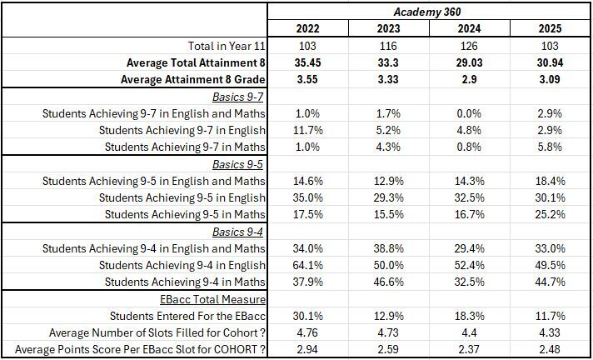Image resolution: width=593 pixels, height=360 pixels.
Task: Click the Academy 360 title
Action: (x=427, y=12)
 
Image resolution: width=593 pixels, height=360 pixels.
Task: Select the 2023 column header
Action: (x=388, y=29)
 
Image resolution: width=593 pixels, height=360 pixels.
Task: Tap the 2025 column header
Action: (x=550, y=29)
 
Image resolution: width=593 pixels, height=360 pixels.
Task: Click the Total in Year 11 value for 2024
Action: (x=469, y=46)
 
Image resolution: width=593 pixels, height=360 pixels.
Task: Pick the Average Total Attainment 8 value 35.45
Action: (x=307, y=62)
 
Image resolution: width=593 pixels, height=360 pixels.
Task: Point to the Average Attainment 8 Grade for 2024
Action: (x=469, y=79)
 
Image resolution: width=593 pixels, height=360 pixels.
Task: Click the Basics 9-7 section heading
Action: (x=237, y=97)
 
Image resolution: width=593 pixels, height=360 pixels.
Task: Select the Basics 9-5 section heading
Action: (x=237, y=164)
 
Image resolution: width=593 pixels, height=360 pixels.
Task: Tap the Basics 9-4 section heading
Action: (x=237, y=232)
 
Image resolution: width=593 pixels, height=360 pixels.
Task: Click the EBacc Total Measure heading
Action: (x=212, y=299)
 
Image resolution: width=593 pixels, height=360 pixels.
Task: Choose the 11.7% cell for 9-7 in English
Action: (x=308, y=130)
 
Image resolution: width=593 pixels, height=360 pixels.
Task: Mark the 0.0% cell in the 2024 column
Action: (x=469, y=113)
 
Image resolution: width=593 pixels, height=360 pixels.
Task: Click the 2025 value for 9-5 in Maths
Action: (x=550, y=214)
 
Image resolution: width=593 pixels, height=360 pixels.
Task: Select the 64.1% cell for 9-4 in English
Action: (x=308, y=265)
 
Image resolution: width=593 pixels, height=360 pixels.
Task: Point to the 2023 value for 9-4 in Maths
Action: (x=388, y=282)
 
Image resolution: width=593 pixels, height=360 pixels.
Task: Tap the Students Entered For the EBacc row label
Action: (x=187, y=316)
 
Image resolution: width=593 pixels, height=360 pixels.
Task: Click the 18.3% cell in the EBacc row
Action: (x=469, y=316)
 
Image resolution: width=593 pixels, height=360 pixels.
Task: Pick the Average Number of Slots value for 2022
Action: (x=307, y=332)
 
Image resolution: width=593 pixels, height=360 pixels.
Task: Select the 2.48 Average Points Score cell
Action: (x=550, y=349)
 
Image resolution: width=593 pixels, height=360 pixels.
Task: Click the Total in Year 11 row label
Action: (x=227, y=46)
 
